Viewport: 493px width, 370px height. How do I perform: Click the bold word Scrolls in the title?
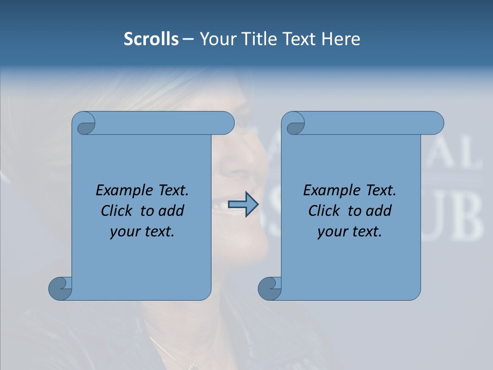point(151,39)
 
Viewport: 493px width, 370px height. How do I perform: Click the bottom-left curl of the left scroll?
point(61,288)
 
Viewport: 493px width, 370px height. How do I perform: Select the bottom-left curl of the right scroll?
point(270,288)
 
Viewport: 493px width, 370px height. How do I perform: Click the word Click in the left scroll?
point(118,211)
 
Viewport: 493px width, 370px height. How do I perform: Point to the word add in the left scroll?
point(172,211)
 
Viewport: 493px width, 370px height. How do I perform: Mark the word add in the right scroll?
point(379,211)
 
